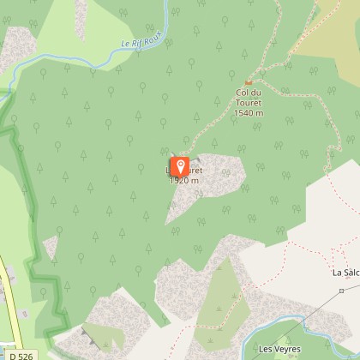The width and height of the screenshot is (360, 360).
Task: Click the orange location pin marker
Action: (181, 166)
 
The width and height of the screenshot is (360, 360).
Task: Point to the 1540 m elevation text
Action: (248, 112)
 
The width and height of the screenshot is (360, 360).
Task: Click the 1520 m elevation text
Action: (184, 181)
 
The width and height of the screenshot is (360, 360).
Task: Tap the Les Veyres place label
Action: (274, 349)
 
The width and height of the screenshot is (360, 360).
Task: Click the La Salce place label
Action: (345, 273)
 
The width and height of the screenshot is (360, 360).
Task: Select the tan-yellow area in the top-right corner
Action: (339, 34)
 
